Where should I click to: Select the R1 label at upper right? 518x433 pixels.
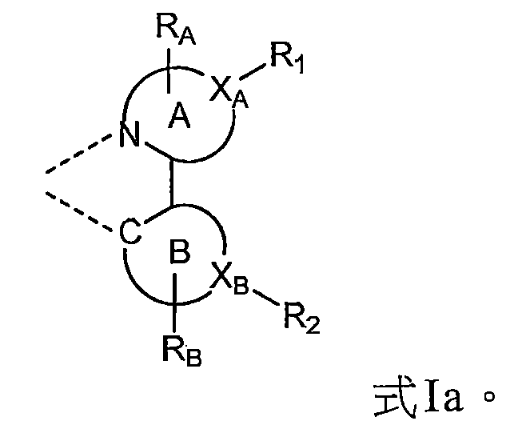pyautogui.click(x=288, y=58)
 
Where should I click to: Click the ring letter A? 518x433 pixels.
pyautogui.click(x=179, y=119)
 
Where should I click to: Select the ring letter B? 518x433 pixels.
pyautogui.click(x=178, y=256)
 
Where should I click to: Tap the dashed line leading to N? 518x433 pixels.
pyautogui.click(x=80, y=156)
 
